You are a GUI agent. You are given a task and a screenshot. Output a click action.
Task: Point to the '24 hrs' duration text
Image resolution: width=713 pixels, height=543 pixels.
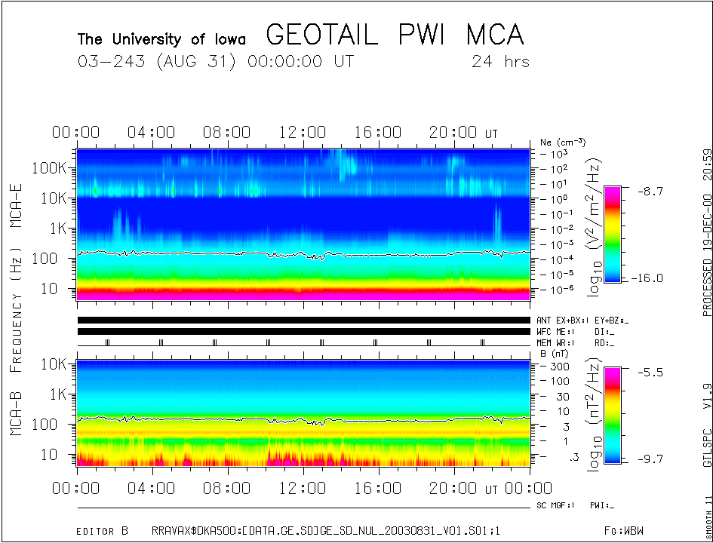(x=499, y=61)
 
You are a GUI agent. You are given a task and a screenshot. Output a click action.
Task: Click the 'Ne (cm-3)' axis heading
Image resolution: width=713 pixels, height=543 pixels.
(x=563, y=142)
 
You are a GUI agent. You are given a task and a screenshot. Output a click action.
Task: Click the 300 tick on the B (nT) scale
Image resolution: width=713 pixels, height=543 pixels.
(x=560, y=366)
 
